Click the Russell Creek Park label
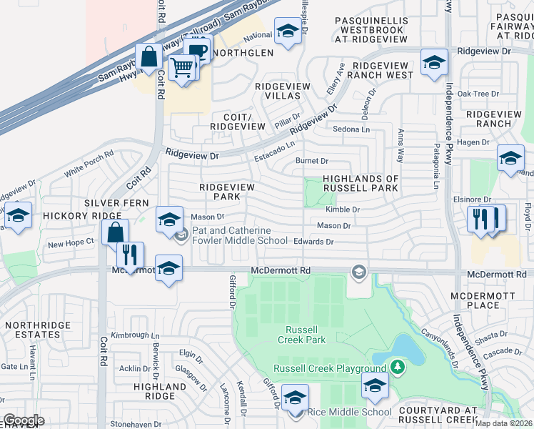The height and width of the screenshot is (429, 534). (x=306, y=335)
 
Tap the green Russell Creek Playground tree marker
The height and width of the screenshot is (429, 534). (x=398, y=368)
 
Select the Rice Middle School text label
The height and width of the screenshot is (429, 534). (x=349, y=412)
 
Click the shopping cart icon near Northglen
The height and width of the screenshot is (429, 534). (x=183, y=68)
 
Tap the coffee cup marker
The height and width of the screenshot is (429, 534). (x=196, y=51)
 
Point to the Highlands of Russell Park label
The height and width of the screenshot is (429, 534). (x=360, y=183)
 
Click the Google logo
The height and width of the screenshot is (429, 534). (x=24, y=420)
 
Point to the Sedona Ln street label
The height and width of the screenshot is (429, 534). (x=352, y=129)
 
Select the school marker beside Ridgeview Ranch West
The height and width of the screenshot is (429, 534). (x=433, y=62)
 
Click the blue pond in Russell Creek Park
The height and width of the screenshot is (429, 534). (x=402, y=348)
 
